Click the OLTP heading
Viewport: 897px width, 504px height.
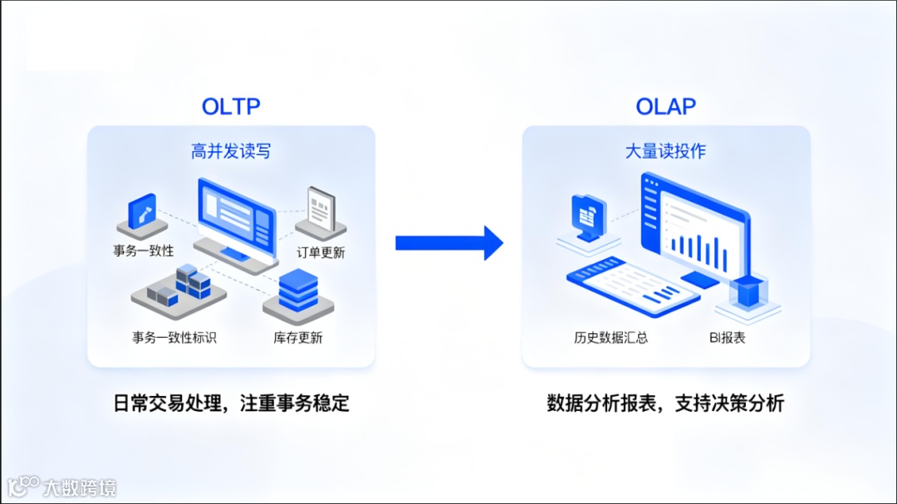(x=231, y=106)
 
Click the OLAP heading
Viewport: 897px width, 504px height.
(x=665, y=106)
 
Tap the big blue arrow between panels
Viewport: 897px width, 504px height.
(x=448, y=242)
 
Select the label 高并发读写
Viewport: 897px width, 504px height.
(x=231, y=151)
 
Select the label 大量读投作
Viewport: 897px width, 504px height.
(x=665, y=151)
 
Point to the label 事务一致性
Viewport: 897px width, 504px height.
(x=144, y=250)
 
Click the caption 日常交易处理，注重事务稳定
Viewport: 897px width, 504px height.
(x=231, y=404)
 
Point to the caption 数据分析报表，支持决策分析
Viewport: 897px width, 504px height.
(x=665, y=404)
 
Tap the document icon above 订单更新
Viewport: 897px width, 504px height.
(x=320, y=208)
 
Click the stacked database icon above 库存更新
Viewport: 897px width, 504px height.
(x=298, y=291)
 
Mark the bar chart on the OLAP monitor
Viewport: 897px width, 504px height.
(x=698, y=244)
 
